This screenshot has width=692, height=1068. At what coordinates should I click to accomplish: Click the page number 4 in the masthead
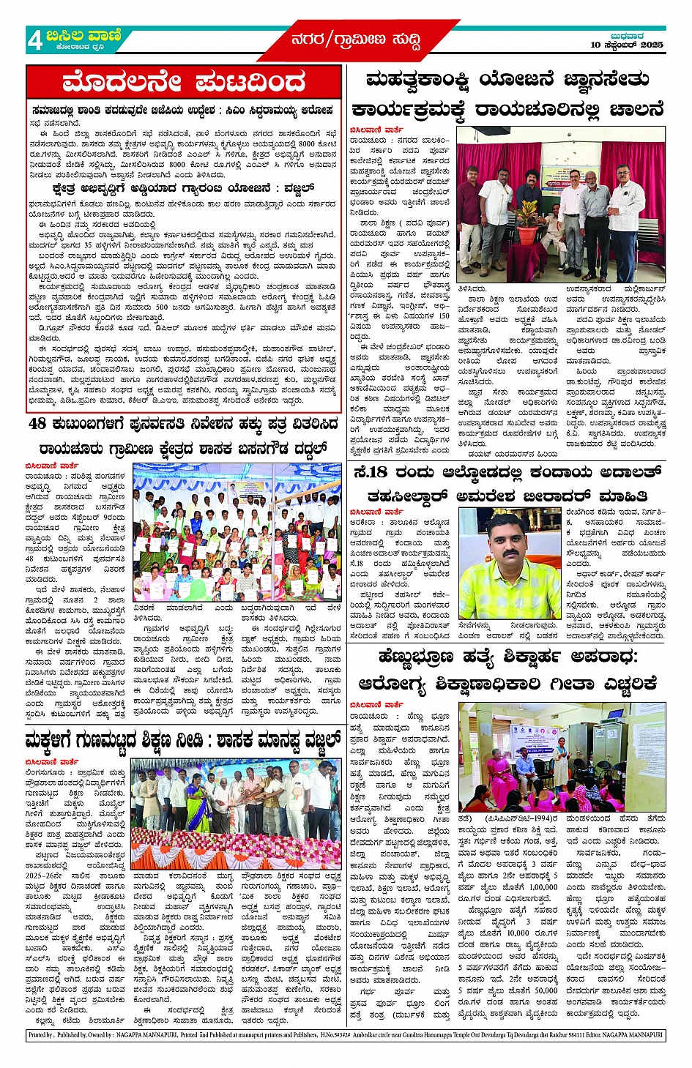coord(34,40)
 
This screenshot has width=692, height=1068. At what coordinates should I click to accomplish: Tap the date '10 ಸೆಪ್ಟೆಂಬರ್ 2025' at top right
coord(627,45)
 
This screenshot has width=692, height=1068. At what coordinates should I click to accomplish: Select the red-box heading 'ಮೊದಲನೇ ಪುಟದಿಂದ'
coord(183,82)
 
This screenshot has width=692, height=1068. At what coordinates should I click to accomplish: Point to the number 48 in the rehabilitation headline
coord(37,424)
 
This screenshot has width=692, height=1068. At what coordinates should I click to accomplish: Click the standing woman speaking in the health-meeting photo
coord(561,760)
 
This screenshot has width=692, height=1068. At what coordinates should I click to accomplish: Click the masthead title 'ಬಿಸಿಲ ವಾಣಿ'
coord(83,35)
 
